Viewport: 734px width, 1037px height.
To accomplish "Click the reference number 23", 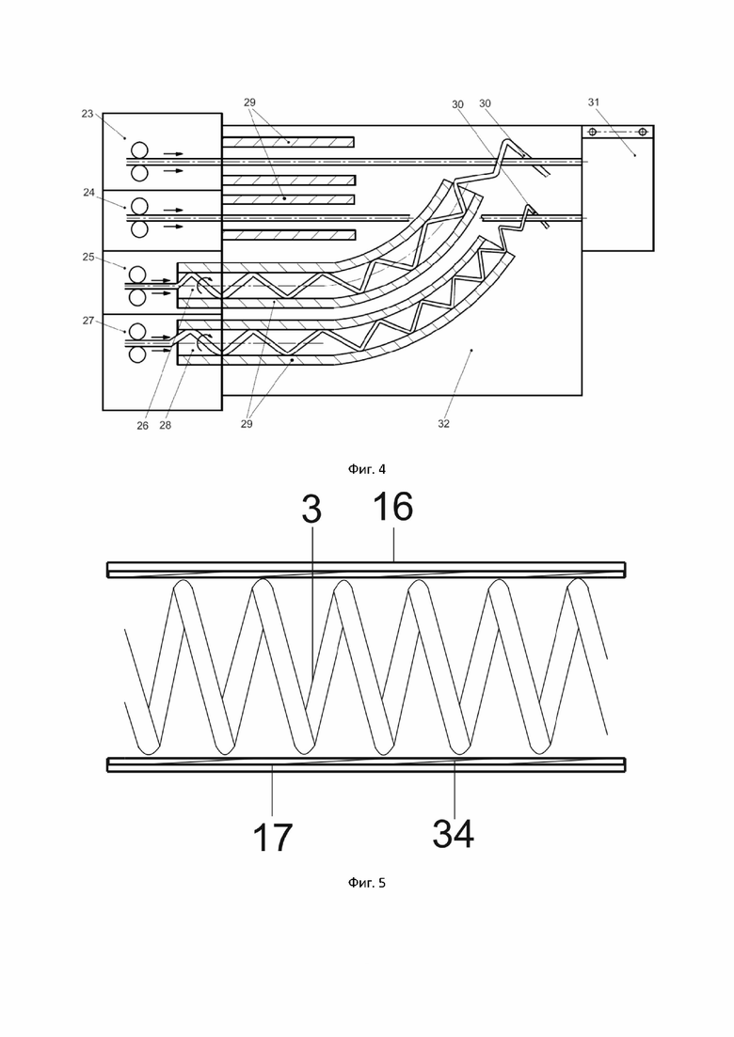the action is tap(88, 114).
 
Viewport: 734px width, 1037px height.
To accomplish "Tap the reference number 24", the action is tap(88, 193).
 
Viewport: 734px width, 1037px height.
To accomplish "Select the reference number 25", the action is tap(88, 257).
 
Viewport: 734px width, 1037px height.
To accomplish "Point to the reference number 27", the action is tap(88, 321).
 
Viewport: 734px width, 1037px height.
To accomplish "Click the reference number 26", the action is tap(142, 426).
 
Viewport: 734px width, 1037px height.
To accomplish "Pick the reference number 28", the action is tap(165, 425).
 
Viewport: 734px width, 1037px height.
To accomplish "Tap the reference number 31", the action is tap(594, 102).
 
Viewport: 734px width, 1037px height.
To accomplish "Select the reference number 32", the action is tap(443, 424).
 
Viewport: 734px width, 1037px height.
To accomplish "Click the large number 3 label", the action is tap(311, 510).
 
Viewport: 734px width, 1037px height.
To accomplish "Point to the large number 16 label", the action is tap(392, 507).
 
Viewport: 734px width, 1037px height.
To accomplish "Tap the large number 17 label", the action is tap(272, 838).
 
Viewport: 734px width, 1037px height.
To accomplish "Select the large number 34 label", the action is tap(454, 833).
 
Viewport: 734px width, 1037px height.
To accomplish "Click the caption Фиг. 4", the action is tap(367, 469).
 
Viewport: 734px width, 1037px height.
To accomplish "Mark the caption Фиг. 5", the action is tap(367, 883).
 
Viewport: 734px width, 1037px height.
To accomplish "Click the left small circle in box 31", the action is tap(593, 133).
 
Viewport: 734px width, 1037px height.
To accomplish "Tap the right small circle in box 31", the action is tap(642, 133).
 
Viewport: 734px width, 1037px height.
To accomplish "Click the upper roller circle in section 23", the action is tap(139, 150).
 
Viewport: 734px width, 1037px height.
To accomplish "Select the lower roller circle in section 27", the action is tap(138, 354).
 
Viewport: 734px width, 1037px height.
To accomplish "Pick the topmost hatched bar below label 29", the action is tap(288, 142).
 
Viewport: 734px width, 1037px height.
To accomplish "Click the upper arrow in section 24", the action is tap(174, 210).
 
